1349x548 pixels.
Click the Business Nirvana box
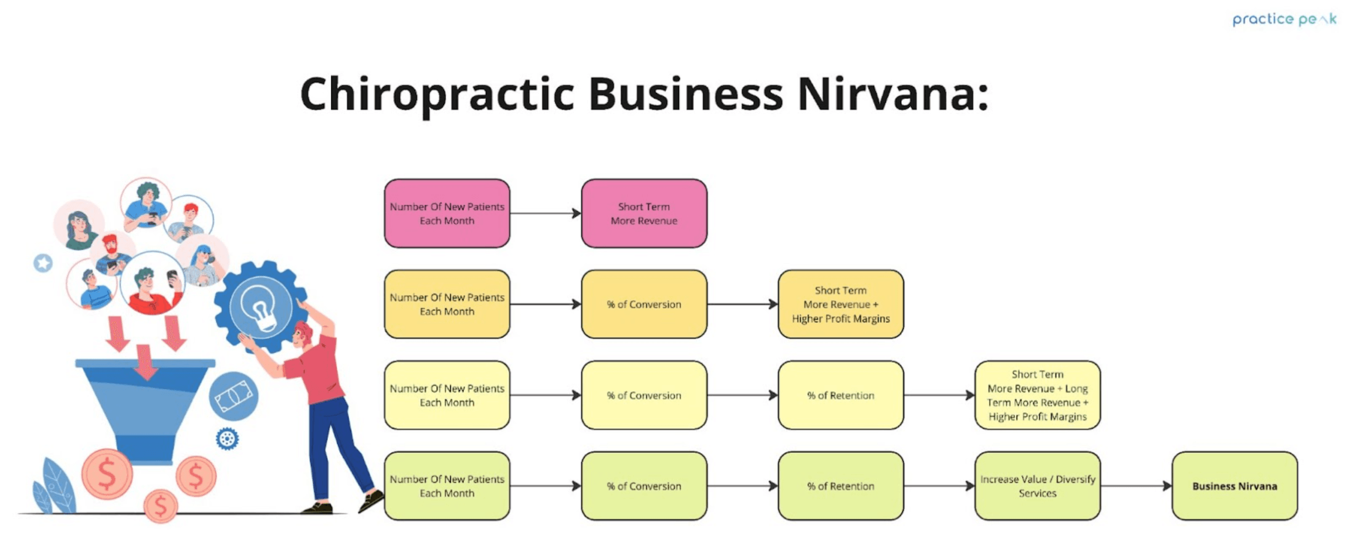1234,486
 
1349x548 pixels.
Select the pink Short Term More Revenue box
643,213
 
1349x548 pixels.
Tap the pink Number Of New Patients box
447,213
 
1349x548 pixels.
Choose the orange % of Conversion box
643,304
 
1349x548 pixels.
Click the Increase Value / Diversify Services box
1037,486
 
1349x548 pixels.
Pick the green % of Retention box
840,486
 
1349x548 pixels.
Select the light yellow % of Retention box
840,395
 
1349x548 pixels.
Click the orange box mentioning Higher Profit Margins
840,304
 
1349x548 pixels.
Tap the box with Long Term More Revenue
1037,395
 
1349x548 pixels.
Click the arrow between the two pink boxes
545,213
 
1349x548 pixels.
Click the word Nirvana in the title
892,94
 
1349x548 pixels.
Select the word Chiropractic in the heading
437,94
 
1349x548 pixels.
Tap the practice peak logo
1284,19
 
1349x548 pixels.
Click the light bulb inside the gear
260,306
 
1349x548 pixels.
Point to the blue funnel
145,406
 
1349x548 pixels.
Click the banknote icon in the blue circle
233,396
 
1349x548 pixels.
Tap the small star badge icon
43,263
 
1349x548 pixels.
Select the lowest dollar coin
161,506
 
